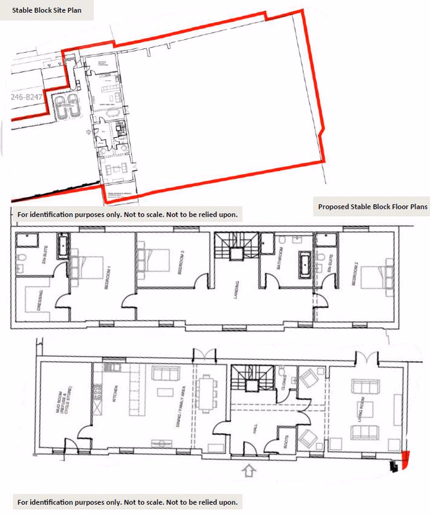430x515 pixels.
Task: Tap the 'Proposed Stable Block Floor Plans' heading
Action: [373, 207]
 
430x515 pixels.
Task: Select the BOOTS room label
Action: [285, 442]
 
